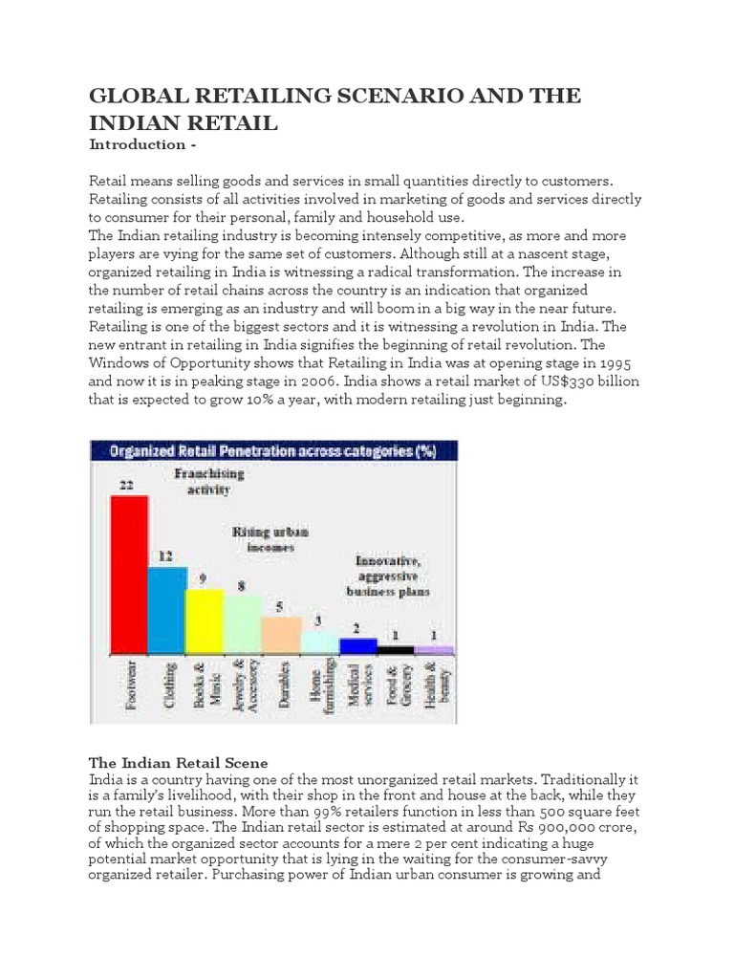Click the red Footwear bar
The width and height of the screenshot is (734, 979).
tap(129, 574)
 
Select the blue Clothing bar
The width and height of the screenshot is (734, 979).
tap(167, 610)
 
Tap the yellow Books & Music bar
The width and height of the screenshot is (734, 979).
tap(204, 621)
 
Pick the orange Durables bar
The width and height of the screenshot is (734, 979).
tap(281, 635)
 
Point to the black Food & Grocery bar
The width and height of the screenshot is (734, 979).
tap(396, 650)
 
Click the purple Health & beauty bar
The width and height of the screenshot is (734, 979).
tap(434, 650)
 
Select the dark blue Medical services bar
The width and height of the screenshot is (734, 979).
tap(358, 646)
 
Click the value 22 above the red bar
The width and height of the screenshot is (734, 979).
tap(126, 485)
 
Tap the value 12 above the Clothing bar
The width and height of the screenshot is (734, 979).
tap(164, 555)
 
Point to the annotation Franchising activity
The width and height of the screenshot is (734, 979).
tap(208, 481)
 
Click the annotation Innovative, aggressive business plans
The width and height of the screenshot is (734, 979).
tap(392, 577)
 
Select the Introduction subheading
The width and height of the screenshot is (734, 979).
tap(137, 145)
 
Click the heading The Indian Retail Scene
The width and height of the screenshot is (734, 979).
tap(179, 762)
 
